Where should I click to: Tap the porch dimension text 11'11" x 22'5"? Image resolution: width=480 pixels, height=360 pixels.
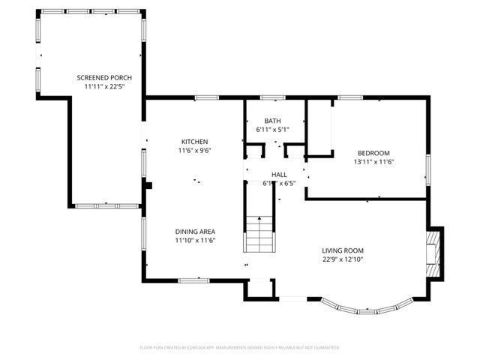click(x=104, y=85)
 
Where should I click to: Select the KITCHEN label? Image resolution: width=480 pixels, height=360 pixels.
click(x=194, y=142)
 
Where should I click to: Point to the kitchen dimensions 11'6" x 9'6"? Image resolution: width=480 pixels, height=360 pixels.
click(x=194, y=151)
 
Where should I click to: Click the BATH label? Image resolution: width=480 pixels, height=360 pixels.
click(x=273, y=121)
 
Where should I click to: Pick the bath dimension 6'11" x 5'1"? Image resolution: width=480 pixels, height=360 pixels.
click(x=273, y=130)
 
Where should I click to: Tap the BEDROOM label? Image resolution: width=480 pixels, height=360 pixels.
click(x=373, y=152)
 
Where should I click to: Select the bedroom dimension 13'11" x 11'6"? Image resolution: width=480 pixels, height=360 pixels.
click(x=373, y=161)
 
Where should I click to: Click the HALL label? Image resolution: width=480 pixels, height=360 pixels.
click(x=279, y=174)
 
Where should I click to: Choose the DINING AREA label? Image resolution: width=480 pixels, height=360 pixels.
click(x=195, y=232)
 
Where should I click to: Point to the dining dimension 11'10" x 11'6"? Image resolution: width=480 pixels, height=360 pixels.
click(x=195, y=241)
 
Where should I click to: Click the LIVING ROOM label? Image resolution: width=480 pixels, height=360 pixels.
click(x=343, y=251)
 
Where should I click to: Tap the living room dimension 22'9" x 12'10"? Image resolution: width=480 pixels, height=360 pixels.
click(x=343, y=260)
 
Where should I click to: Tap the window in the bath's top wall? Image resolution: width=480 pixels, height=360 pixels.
click(x=272, y=97)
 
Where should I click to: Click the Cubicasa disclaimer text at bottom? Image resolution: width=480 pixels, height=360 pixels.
click(x=240, y=347)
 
